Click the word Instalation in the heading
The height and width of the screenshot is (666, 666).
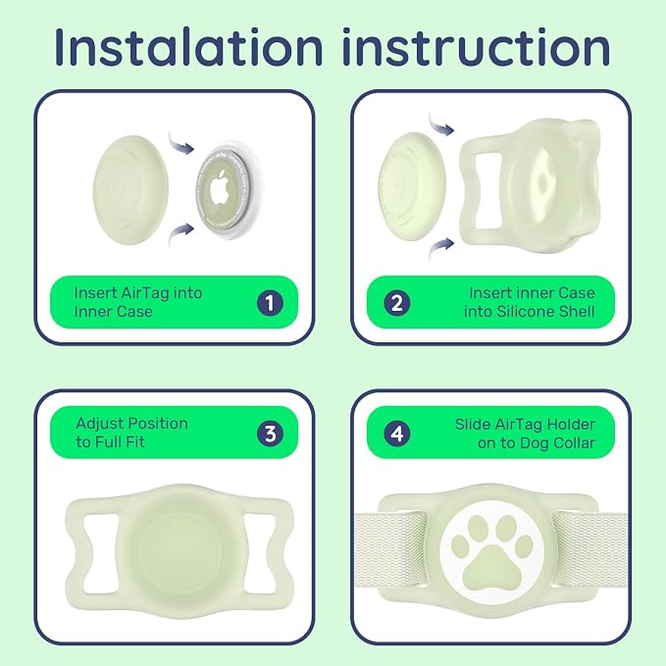coord(188,46)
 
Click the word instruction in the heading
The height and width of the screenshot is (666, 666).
coord(476,46)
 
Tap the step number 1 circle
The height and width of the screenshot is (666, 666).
coord(270,303)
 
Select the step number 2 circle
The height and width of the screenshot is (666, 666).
coord(396,303)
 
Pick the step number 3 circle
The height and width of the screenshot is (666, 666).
coord(270,434)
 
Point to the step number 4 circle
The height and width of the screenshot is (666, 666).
coord(396,434)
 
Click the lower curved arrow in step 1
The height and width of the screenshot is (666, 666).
coord(180,233)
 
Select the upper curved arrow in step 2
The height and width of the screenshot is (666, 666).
coord(440,124)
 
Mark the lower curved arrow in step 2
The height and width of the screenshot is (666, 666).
coord(440,248)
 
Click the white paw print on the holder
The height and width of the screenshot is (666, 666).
coord(491,551)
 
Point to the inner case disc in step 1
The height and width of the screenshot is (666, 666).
coord(130,190)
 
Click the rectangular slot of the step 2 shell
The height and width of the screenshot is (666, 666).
coord(489,190)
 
